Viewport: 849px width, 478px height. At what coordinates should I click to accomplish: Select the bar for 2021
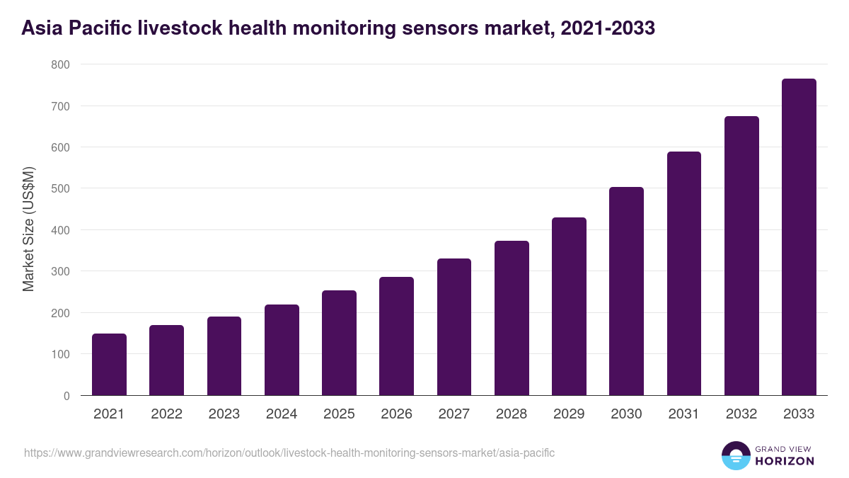(109, 365)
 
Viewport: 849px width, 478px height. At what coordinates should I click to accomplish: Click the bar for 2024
(282, 350)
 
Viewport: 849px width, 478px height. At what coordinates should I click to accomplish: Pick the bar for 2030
(626, 291)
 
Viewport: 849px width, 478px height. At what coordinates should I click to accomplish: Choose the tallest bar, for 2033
(799, 237)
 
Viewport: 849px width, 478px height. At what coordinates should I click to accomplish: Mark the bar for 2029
(569, 307)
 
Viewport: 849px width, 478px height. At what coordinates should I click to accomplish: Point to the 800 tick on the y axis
(60, 64)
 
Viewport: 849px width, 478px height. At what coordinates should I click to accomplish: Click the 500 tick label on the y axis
(60, 189)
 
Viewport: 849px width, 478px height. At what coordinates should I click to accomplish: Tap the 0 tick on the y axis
(66, 396)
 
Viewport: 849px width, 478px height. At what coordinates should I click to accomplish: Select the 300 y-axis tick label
(60, 272)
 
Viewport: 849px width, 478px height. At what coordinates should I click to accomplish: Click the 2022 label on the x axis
(166, 414)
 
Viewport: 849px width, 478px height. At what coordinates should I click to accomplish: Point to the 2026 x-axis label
(396, 414)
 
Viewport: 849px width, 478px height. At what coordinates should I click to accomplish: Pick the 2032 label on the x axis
(741, 414)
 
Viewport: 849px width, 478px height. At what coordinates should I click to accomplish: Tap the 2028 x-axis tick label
(512, 414)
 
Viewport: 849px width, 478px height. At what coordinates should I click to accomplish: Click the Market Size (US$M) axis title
(28, 229)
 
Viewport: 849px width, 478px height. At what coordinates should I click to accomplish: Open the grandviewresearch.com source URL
(289, 453)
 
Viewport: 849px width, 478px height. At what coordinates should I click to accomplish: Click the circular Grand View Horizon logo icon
(735, 455)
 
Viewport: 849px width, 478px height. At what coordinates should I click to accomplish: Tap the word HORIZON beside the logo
(785, 461)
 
